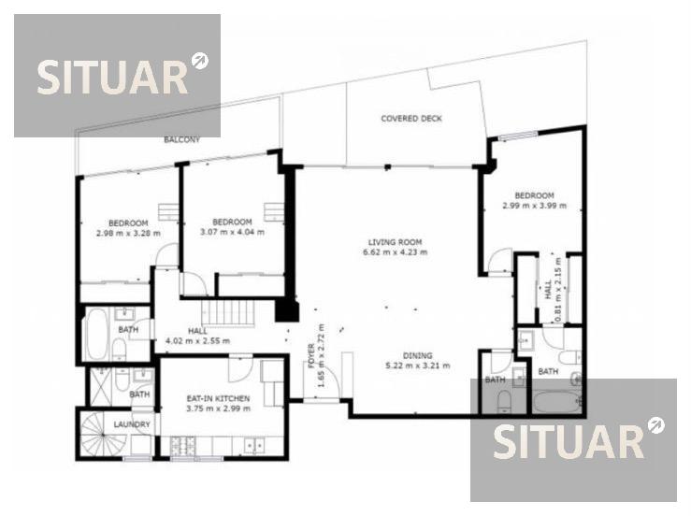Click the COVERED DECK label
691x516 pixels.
pos(411,119)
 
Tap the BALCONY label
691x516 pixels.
pos(182,139)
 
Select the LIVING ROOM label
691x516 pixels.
pos(395,242)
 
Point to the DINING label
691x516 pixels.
pos(417,355)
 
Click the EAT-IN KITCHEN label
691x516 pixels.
pos(218,398)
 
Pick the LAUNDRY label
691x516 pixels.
pos(132,424)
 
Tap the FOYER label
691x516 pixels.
pos(311,355)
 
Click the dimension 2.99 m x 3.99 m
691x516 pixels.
pos(535,206)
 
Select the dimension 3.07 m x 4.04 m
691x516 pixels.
pos(232,232)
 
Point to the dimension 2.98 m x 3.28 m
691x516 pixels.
pos(128,233)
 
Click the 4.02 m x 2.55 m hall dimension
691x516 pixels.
pos(197,340)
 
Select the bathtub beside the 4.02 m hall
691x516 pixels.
pos(96,334)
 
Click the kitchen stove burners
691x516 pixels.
pos(183,446)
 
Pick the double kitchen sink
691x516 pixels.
pos(254,446)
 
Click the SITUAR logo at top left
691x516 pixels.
pos(117,76)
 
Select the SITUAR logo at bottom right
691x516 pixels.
pos(573,439)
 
